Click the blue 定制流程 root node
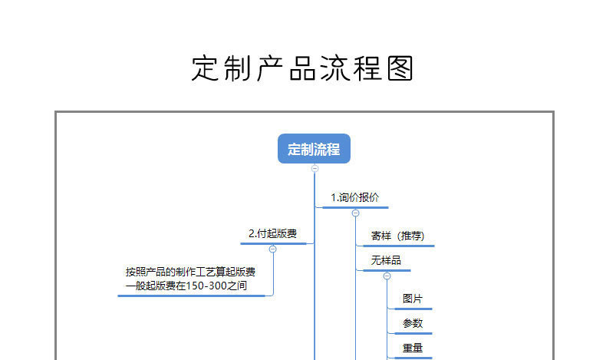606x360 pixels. [x=314, y=149]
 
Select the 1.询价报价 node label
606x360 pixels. [x=354, y=197]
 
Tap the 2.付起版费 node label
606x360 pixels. [x=272, y=233]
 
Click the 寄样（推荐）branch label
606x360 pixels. [x=397, y=236]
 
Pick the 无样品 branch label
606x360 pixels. [x=386, y=261]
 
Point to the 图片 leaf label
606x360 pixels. [x=413, y=299]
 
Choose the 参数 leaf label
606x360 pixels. [x=413, y=323]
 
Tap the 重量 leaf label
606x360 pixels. [x=413, y=348]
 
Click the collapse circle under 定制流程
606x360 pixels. [x=315, y=168]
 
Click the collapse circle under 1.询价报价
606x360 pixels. [x=355, y=213]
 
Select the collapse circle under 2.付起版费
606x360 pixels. [x=273, y=249]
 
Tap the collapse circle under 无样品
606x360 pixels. [x=387, y=276]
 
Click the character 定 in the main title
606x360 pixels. [x=206, y=68]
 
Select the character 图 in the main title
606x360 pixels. [x=400, y=68]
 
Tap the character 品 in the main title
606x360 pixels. [x=303, y=68]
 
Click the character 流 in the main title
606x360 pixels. [x=335, y=68]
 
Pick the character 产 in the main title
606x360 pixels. [x=271, y=68]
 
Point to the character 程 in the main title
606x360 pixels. [x=367, y=68]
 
